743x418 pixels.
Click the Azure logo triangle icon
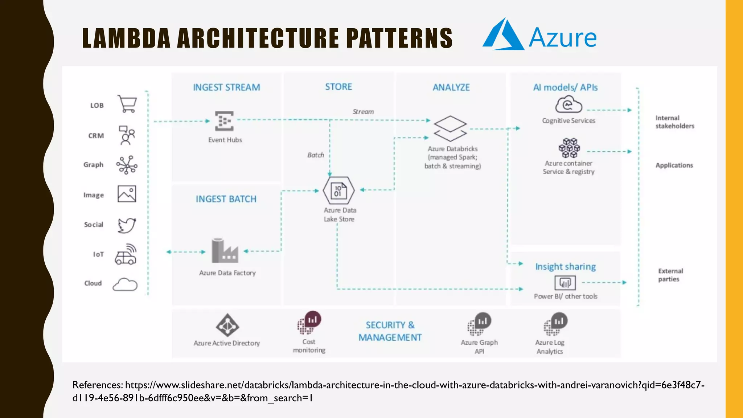[x=504, y=35]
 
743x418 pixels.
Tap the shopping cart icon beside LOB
[x=127, y=104]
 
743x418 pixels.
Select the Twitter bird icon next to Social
[x=127, y=225]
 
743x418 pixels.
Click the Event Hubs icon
[x=224, y=121]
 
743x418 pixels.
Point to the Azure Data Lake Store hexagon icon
[x=338, y=190]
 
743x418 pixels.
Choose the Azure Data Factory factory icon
[x=225, y=251]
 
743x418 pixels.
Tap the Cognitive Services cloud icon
[x=568, y=104]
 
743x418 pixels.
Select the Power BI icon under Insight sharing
[x=565, y=283]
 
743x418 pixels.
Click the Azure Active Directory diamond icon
[x=227, y=325]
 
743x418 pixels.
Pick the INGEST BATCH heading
[x=226, y=199]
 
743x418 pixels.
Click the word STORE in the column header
[x=338, y=87]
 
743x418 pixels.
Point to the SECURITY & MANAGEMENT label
[x=390, y=331]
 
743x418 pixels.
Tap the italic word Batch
[x=316, y=155]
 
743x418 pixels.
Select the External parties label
[x=670, y=275]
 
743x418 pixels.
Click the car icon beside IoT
[x=126, y=254]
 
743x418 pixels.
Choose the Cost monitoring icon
[x=309, y=323]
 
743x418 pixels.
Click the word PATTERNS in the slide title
[x=399, y=38]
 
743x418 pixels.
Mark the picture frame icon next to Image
[x=127, y=194]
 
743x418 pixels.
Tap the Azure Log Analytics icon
[x=555, y=324]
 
